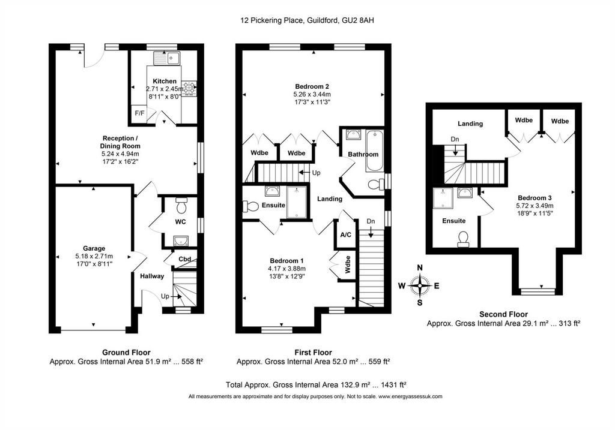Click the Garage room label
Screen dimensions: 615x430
tap(94, 248)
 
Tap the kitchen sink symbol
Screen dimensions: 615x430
tap(167, 59)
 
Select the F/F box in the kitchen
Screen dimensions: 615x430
tap(139, 113)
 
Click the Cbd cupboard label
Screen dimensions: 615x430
tap(185, 259)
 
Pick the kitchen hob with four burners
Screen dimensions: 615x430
tap(189, 88)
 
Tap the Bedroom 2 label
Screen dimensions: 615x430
tap(312, 86)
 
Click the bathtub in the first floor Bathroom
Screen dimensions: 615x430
tap(375, 151)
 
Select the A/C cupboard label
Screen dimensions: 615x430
tap(345, 235)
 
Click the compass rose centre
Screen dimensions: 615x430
tap(420, 285)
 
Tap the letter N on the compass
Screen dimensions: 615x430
tap(420, 268)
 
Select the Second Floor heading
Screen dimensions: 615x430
tap(504, 314)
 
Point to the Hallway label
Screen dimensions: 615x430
tap(152, 276)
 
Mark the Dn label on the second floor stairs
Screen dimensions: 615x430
tap(455, 139)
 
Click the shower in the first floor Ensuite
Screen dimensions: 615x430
tap(297, 202)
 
